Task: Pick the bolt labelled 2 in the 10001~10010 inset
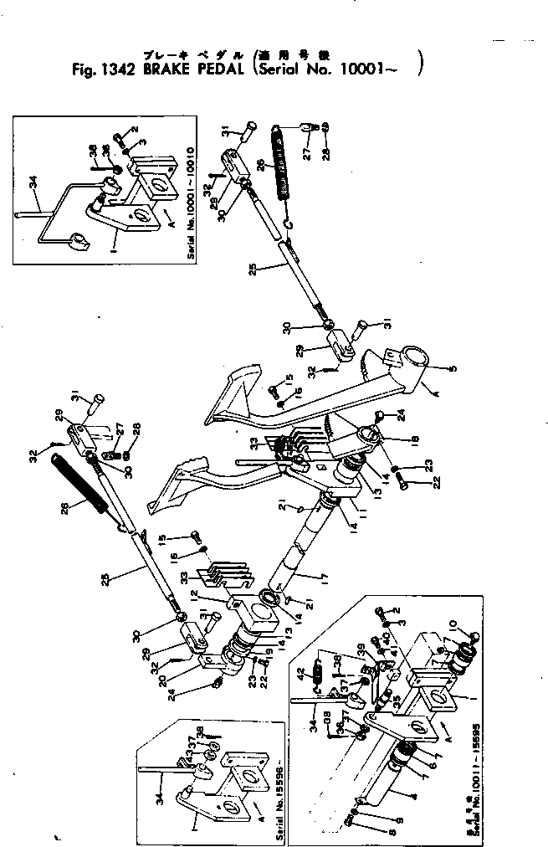tap(122, 131)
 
